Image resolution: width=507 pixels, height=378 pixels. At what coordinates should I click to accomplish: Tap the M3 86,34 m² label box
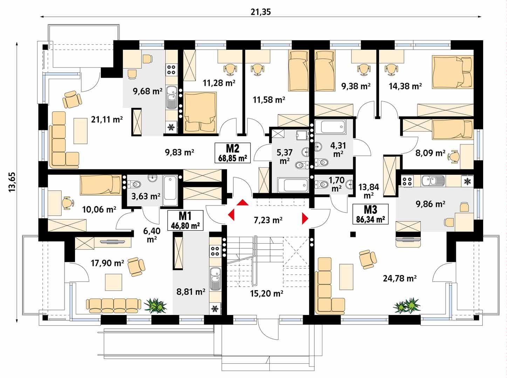[370, 214]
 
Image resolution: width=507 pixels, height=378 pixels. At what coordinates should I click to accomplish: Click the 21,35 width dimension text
[261, 12]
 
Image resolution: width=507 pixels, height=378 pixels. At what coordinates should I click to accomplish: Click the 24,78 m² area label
[399, 279]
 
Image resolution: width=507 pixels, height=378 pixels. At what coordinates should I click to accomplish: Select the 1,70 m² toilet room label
[336, 184]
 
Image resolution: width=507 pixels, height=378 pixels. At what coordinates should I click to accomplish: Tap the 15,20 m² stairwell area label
[267, 293]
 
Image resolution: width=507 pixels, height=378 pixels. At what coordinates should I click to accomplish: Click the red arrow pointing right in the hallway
[305, 218]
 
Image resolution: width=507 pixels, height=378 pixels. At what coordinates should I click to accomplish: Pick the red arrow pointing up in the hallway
[242, 203]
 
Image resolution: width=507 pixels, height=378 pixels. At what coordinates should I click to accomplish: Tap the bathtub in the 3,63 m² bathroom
[170, 188]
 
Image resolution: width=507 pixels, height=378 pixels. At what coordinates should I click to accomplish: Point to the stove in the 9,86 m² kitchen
[407, 181]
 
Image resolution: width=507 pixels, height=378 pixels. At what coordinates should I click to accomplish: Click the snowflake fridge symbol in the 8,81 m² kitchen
[214, 309]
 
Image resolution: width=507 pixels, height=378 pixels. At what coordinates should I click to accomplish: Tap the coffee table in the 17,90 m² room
[115, 282]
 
